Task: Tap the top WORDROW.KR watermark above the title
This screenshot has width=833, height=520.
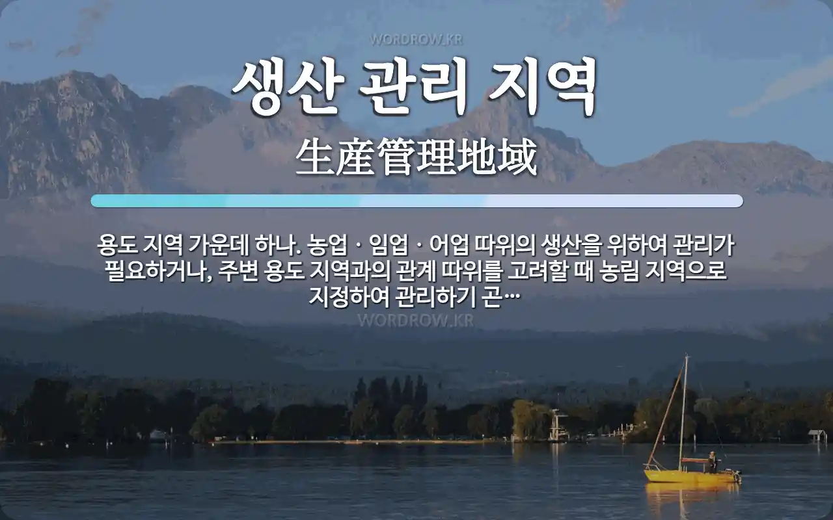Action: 416,40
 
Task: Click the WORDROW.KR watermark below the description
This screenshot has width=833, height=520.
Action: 416,320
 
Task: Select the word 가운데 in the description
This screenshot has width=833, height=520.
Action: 219,245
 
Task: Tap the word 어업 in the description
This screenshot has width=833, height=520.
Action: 449,245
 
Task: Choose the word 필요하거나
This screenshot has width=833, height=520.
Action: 158,272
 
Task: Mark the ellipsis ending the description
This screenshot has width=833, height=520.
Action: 512,297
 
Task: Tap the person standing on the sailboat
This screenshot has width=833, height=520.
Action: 712,462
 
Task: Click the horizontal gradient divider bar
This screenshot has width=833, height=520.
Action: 417,201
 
